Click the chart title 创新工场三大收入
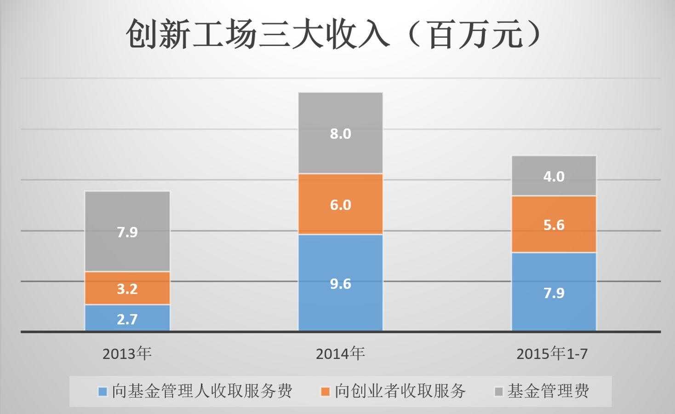[x=257, y=35]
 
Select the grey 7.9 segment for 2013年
[x=127, y=231]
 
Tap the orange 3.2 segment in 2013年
[x=127, y=288]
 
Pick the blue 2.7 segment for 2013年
[x=127, y=318]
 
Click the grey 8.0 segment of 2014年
[x=340, y=133]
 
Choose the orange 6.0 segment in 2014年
[x=340, y=204]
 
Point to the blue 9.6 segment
[x=340, y=283]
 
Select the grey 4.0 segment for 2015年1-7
[x=554, y=176]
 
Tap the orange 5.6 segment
[x=554, y=224]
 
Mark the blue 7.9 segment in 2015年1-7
[x=554, y=293]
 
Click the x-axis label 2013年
[x=127, y=354]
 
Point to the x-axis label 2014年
[x=340, y=354]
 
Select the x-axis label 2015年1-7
[x=552, y=354]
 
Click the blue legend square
[x=103, y=392]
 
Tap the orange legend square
[x=326, y=392]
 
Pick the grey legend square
[x=498, y=392]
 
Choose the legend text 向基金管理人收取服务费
[x=202, y=391]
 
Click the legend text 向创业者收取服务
[x=400, y=391]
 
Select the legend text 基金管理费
[x=548, y=391]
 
